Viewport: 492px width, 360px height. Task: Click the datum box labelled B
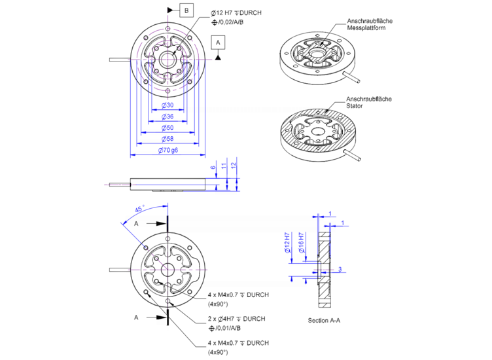pos(186,10)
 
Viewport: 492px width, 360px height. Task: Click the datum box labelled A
pos(219,41)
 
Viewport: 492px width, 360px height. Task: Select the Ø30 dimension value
pos(167,105)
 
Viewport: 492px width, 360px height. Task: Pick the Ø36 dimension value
pos(167,117)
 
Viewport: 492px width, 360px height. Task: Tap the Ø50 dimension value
pos(167,128)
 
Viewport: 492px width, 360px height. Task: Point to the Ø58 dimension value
pos(167,139)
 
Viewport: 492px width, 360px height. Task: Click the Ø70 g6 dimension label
pos(169,151)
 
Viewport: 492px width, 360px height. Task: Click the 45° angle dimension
pos(139,209)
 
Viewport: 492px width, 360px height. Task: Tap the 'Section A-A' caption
pos(324,321)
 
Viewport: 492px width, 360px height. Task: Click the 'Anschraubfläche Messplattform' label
pos(370,25)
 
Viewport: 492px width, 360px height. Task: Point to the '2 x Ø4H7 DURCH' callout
pos(236,319)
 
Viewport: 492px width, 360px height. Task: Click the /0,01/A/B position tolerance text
pos(228,328)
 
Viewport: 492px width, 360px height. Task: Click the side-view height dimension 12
pos(234,166)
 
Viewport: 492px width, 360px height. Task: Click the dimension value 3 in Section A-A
pos(340,269)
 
